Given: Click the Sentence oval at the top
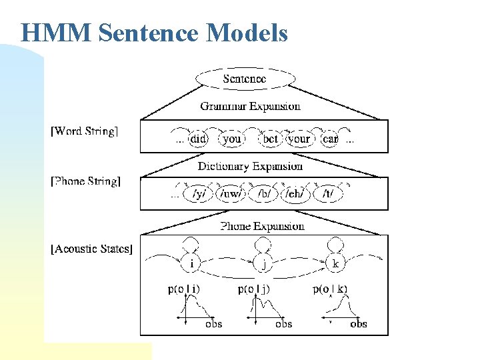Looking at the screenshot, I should coord(245,79).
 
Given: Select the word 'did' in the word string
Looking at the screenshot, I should coord(198,139).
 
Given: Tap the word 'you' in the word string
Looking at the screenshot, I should coord(232,139).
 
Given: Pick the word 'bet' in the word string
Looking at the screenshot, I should coord(270,139).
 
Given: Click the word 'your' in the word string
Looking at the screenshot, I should coord(299,139).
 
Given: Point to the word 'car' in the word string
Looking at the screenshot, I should coord(330,139).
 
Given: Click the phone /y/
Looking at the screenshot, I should coord(198,193).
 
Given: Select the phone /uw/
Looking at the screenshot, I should coord(231,193).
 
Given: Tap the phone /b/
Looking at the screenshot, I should coord(265,193).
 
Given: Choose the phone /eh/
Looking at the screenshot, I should coord(295,193).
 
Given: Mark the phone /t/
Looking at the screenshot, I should coord(328,193).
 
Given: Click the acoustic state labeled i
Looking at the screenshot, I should coord(192,263).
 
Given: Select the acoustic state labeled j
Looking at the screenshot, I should coord(264,263).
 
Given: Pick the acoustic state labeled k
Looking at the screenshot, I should coord(335,263).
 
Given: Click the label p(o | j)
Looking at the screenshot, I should coord(255,289).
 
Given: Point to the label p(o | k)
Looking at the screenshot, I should coord(330,289).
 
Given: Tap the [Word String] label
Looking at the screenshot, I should coord(85,131).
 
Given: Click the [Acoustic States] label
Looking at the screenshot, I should coord(92,249).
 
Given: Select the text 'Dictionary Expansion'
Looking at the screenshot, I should coord(250,166).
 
